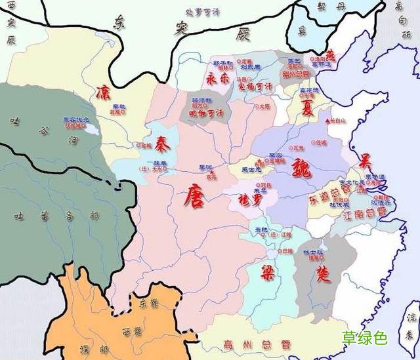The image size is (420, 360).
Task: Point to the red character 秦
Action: pos(163,142)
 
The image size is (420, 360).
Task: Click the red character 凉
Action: pos(104,91)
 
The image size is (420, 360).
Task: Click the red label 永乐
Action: pos(218,78)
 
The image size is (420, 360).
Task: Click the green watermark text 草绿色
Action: pos(365,338)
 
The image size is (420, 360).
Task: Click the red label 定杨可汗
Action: pos(254,86)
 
